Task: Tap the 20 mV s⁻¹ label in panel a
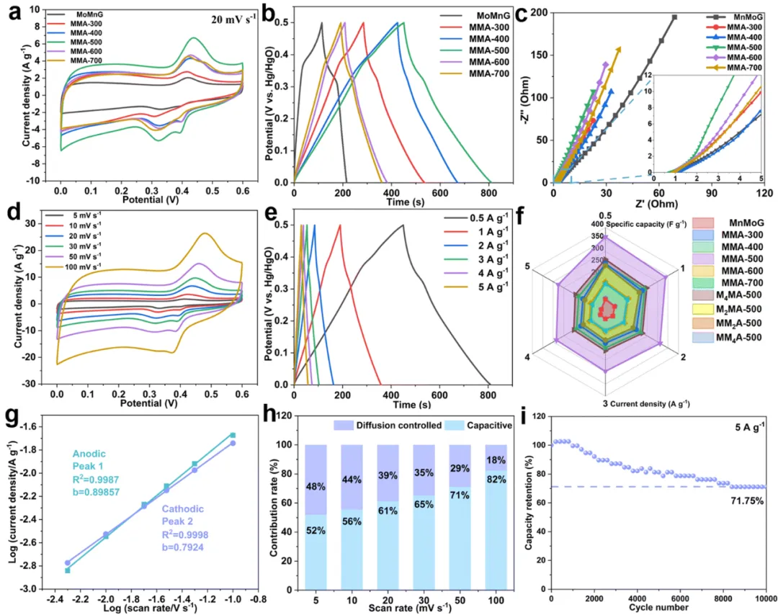pos(230,19)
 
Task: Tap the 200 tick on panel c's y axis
pos(540,13)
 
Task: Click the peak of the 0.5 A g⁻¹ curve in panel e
pos(403,225)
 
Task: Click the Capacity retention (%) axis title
pos(529,503)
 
